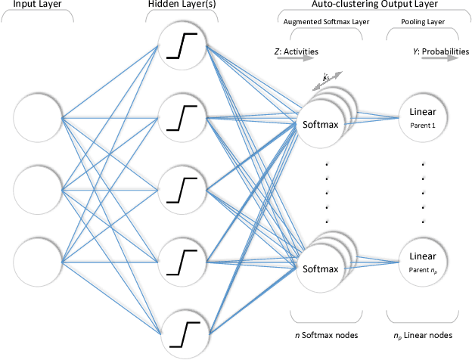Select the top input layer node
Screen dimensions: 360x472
(37, 118)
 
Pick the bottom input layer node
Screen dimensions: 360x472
(37, 261)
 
